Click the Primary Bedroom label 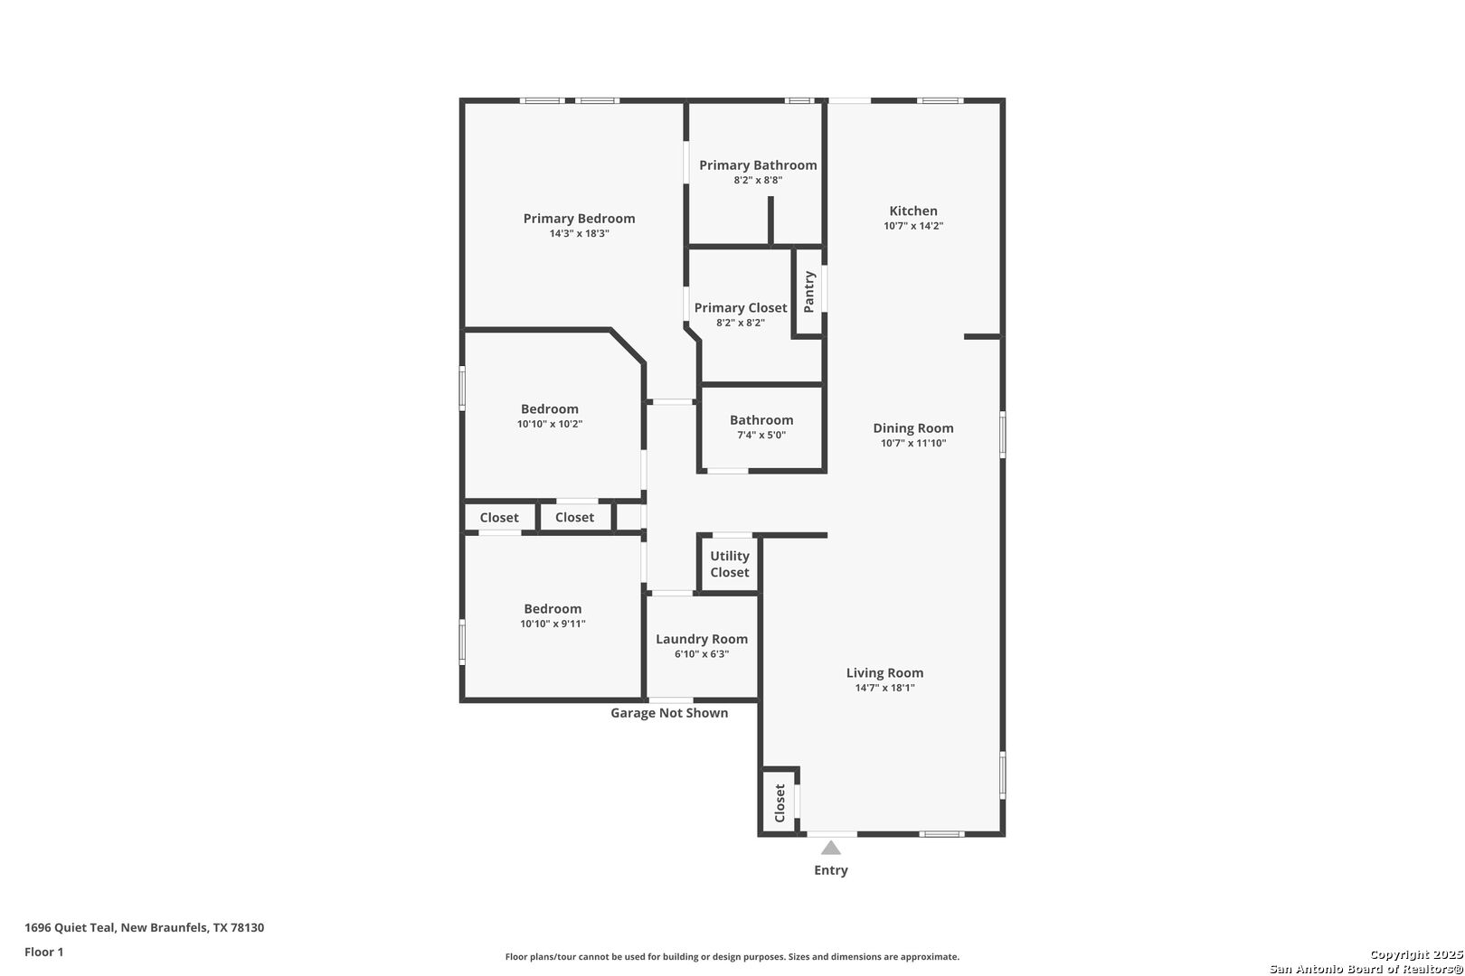(579, 219)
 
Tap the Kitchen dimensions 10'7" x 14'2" (913, 226)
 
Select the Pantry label (809, 292)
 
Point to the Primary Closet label (741, 307)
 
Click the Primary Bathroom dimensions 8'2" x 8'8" (757, 181)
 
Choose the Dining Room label (913, 428)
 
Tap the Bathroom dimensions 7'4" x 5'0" (761, 436)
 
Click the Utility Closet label (729, 564)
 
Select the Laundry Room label (702, 639)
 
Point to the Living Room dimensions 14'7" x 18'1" (884, 688)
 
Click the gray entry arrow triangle (830, 848)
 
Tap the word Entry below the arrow (830, 870)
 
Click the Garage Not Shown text (669, 713)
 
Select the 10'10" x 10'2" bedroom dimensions (550, 424)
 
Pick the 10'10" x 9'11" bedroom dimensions (553, 624)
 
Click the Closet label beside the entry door (779, 803)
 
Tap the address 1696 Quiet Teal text (70, 927)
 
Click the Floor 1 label (43, 953)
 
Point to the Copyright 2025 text (1416, 955)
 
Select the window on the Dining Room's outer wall (1003, 434)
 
